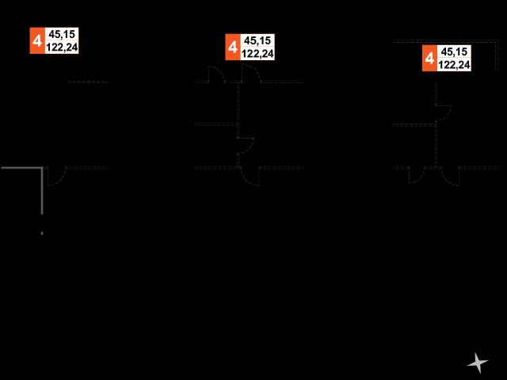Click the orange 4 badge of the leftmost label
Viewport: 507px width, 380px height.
pos(37,40)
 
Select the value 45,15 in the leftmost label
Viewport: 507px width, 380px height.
pos(62,34)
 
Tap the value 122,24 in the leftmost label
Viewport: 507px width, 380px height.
pos(62,47)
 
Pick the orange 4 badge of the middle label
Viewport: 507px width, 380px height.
pos(233,47)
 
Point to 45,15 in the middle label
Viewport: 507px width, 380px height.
pos(257,40)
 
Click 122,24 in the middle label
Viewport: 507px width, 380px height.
pos(257,54)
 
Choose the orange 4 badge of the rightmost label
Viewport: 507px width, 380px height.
pos(429,58)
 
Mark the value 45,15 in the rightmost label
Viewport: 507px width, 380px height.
pos(454,51)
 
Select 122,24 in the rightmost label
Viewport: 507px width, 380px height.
pos(454,65)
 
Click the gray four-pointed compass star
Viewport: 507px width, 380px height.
pos(477,363)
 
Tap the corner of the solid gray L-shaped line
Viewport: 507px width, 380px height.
pos(42,168)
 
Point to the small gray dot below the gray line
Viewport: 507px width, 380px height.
pos(42,233)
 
